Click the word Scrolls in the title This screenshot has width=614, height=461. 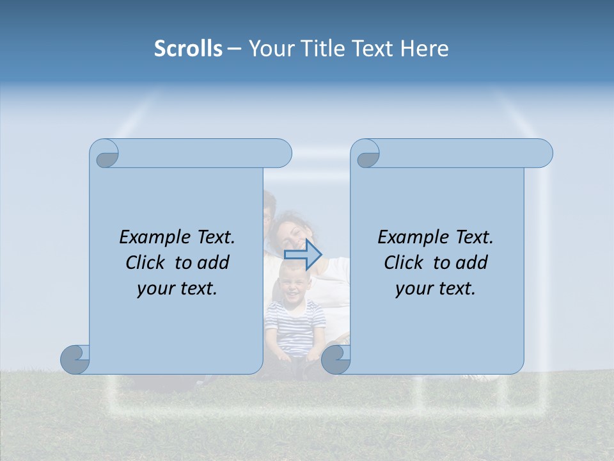[188, 49]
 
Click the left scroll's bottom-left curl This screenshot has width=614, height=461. [75, 360]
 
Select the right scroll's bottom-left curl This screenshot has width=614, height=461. [336, 360]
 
